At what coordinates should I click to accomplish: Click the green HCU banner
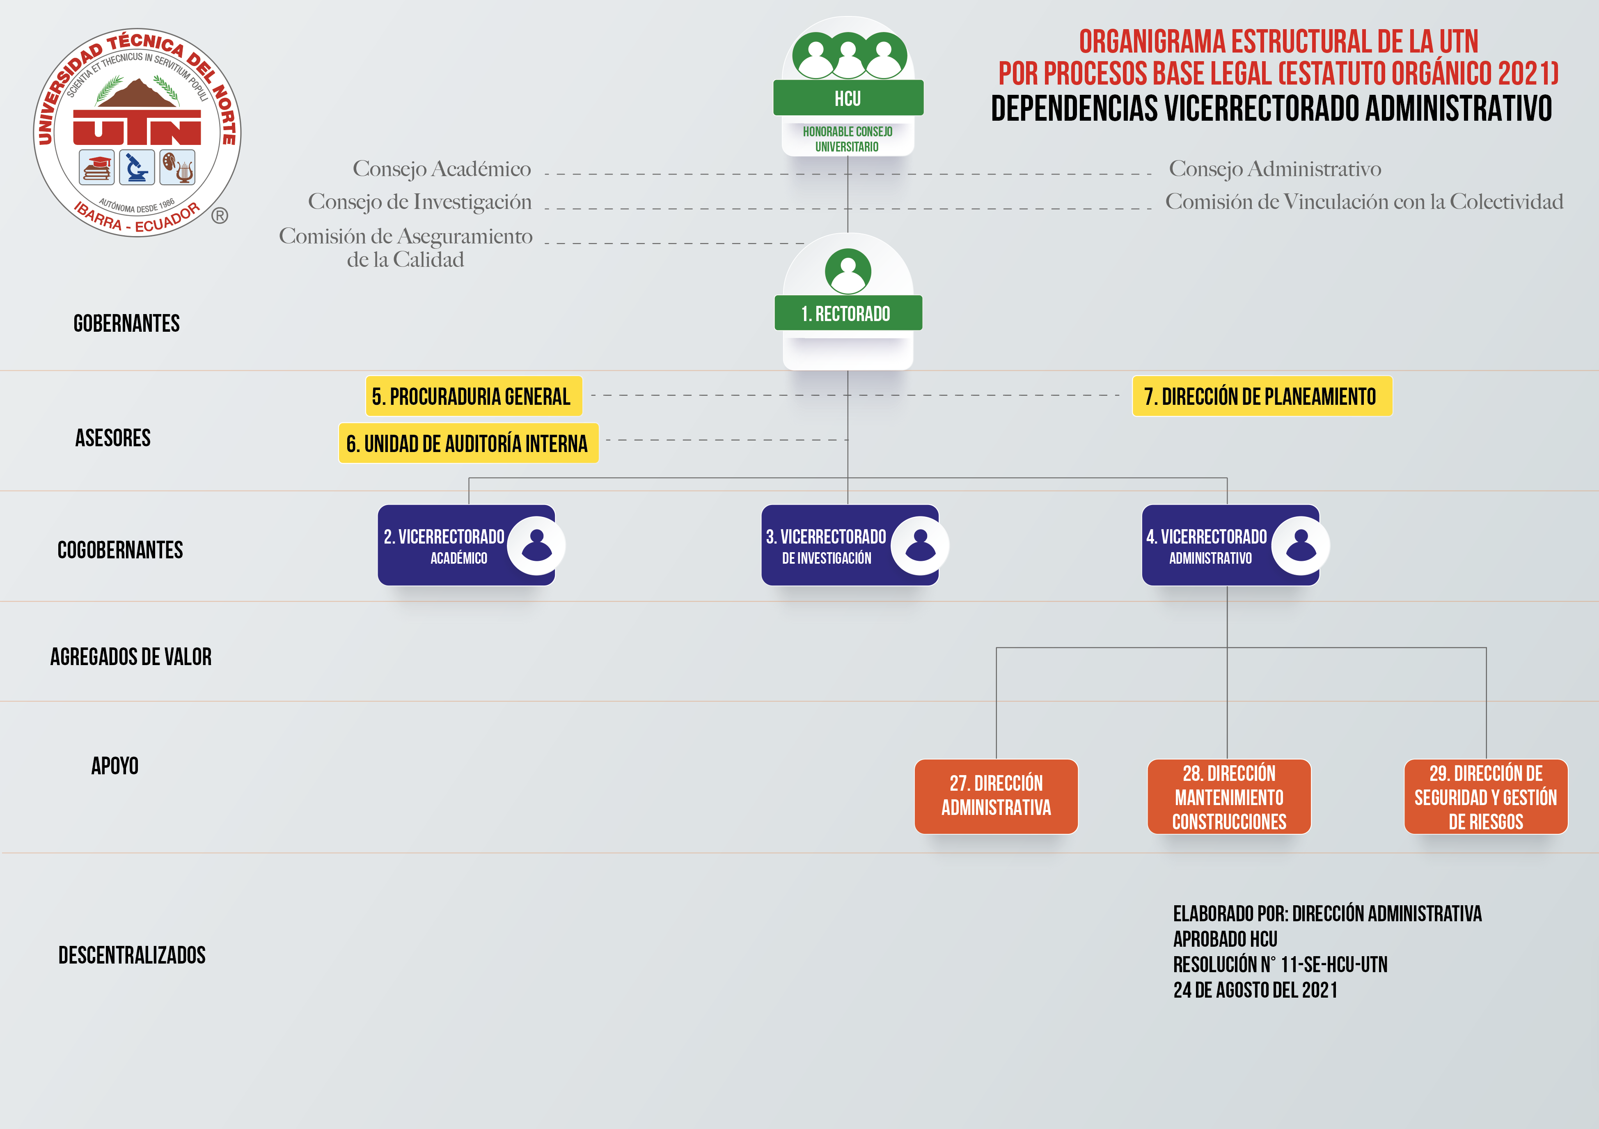[x=848, y=98]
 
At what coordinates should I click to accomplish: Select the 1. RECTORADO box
[x=848, y=313]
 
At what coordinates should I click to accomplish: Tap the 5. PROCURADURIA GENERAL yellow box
[x=474, y=396]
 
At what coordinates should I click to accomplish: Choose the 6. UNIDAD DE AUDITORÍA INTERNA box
[x=468, y=443]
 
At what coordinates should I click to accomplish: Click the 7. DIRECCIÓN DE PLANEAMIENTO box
[x=1262, y=396]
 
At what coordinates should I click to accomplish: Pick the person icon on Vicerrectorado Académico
[x=536, y=545]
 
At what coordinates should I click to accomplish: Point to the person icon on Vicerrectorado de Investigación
[x=920, y=545]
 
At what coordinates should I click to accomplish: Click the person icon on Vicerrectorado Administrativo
[x=1300, y=545]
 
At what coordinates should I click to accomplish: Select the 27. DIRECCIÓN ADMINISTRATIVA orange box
[x=996, y=796]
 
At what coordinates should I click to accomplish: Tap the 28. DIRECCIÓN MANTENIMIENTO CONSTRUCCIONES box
[x=1229, y=796]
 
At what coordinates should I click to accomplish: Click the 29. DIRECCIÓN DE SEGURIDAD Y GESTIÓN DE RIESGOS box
[x=1485, y=796]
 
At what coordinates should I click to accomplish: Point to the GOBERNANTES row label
[x=127, y=323]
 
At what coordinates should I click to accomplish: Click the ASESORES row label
[x=113, y=437]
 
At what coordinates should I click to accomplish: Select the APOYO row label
[x=115, y=765]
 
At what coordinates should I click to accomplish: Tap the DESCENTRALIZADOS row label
[x=132, y=955]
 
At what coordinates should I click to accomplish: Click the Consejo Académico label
[x=442, y=169]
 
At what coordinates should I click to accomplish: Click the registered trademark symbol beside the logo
[x=220, y=216]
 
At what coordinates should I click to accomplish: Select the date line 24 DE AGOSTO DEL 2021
[x=1255, y=990]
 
